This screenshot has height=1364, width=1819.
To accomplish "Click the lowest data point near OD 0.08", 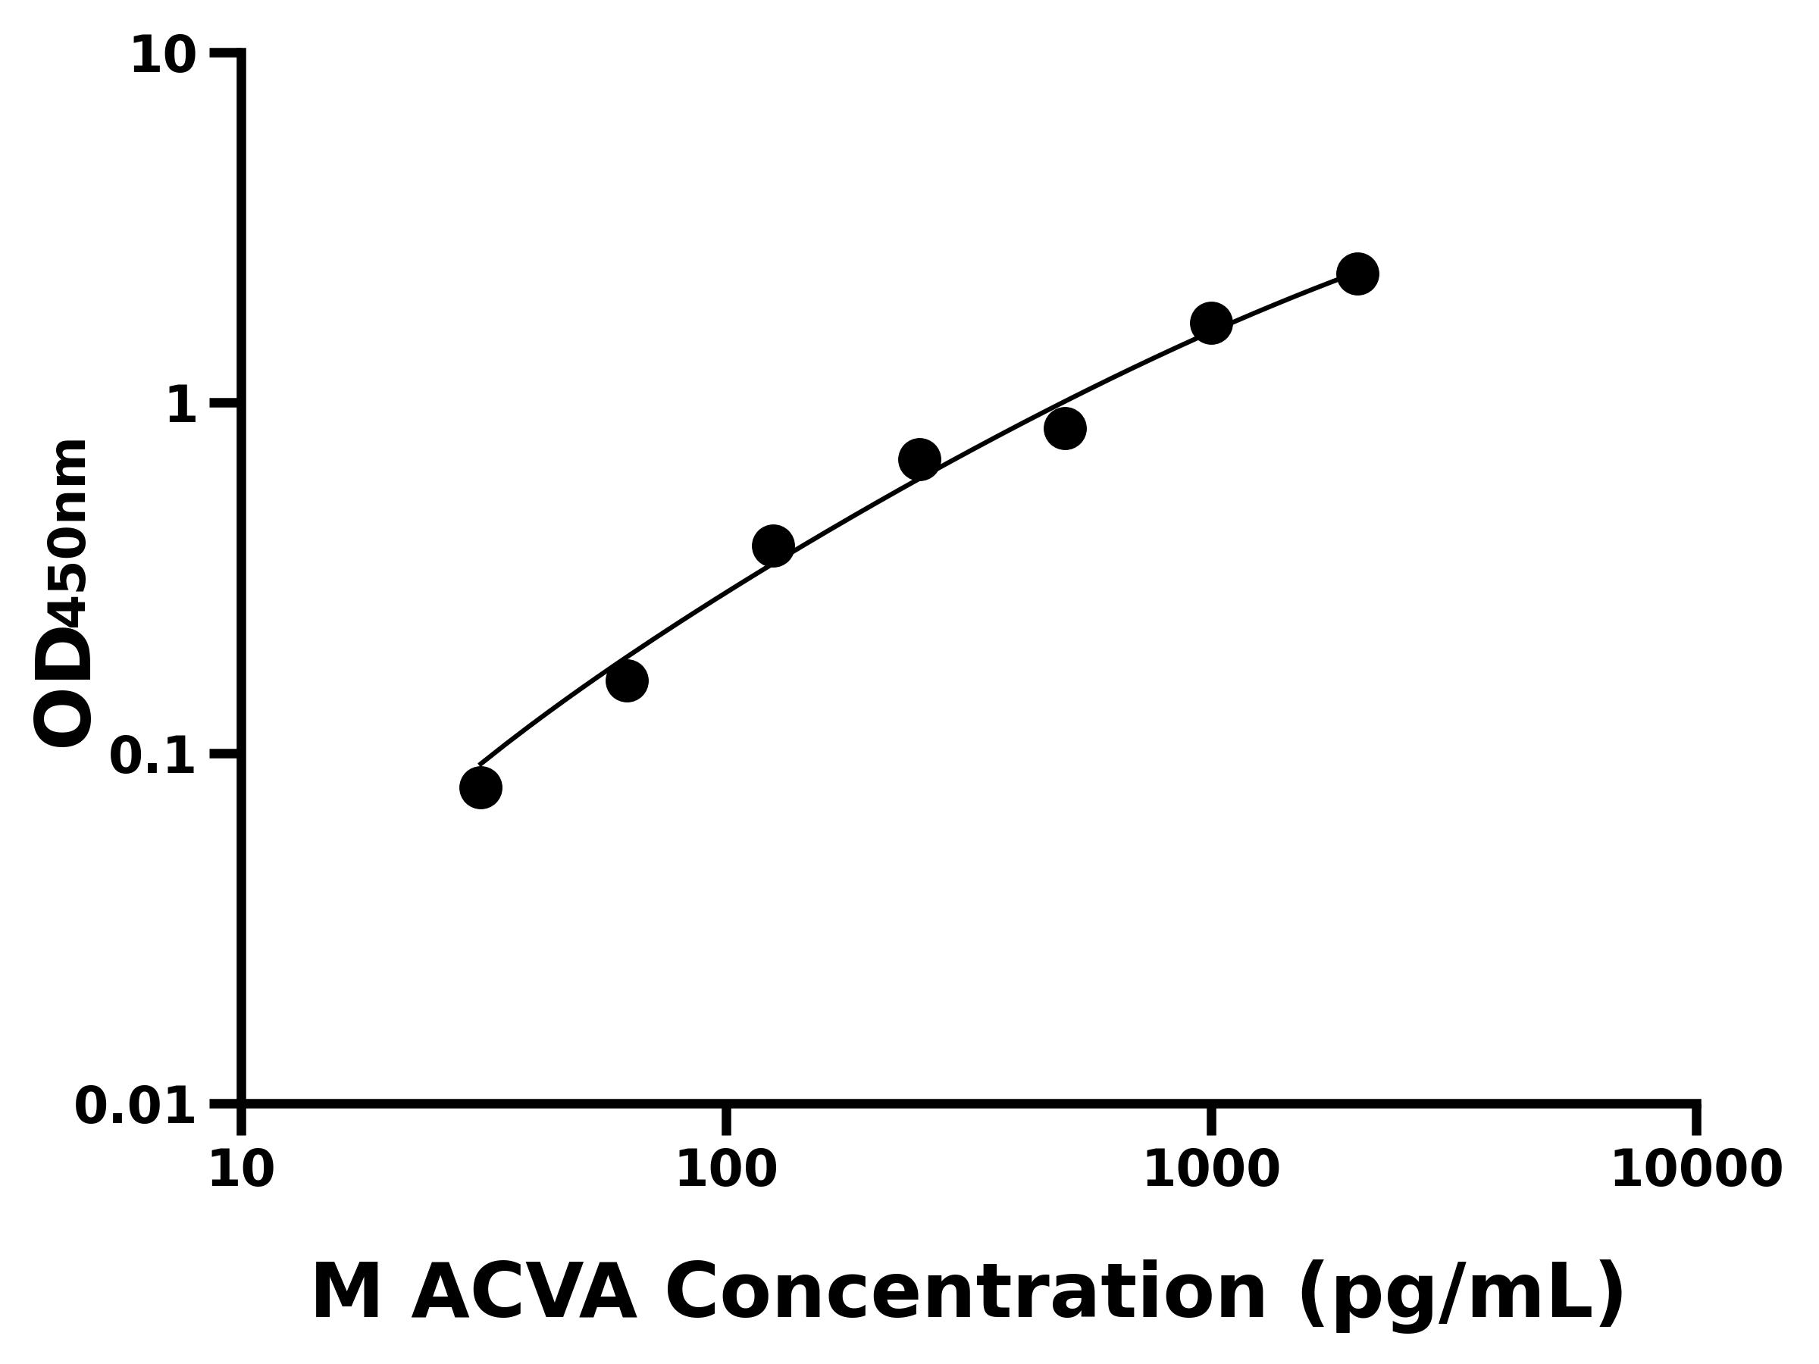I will (x=481, y=787).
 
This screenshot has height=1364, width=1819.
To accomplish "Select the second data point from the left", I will (x=627, y=680).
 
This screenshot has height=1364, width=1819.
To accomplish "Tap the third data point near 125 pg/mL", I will (x=773, y=546).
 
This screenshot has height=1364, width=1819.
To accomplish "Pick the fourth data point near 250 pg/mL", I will (x=919, y=460).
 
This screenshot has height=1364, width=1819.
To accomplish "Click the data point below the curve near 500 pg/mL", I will (x=1065, y=428).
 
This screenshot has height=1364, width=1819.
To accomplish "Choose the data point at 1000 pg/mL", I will (x=1211, y=323).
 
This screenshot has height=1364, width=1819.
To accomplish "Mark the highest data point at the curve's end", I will (x=1357, y=274).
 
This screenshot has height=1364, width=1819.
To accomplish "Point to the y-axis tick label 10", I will (x=164, y=57).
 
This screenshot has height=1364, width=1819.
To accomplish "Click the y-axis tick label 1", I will (x=181, y=406).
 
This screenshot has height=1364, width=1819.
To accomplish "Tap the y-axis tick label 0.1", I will (x=152, y=756).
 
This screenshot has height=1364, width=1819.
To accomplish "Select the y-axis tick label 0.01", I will (x=135, y=1106).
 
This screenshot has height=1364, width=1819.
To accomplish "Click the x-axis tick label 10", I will (x=241, y=1171).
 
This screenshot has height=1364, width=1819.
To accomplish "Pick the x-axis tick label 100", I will (x=726, y=1171).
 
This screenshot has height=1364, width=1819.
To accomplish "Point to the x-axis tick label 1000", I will (x=1211, y=1171).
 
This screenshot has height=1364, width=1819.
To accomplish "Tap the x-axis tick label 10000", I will (x=1695, y=1171).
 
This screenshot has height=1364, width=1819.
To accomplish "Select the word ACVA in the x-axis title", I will (x=524, y=1294).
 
